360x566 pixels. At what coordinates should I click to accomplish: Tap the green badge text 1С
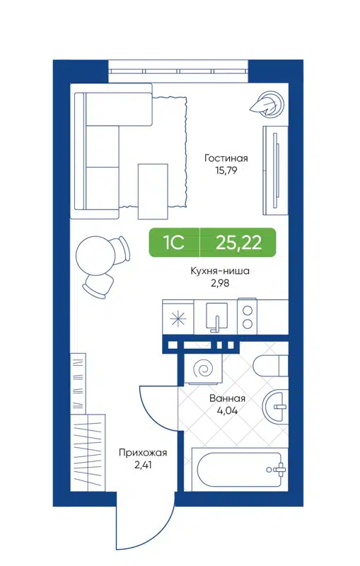click(174, 243)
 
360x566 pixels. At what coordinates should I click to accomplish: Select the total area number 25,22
click(238, 243)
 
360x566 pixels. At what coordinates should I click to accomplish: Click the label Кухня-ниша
click(221, 270)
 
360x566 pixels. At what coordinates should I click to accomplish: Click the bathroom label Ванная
click(227, 398)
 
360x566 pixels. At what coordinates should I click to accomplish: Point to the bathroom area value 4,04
click(227, 410)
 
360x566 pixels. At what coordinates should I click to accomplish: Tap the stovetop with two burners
click(248, 316)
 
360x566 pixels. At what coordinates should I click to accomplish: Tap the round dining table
click(94, 253)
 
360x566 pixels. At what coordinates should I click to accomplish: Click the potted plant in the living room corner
click(268, 103)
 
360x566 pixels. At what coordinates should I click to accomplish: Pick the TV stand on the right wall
click(274, 170)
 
